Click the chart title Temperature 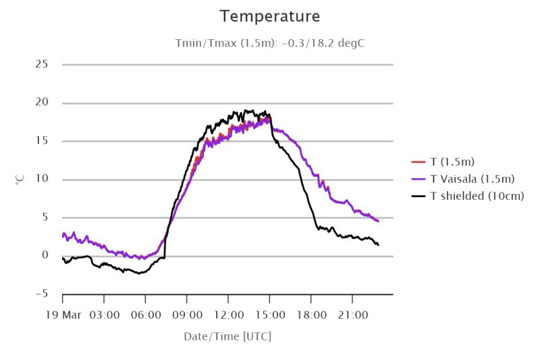click(270, 16)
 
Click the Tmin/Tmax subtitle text click(270, 43)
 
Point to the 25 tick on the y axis click(42, 64)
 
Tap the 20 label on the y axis click(42, 103)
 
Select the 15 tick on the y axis click(42, 141)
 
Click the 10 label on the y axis click(42, 180)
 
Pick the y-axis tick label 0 click(45, 256)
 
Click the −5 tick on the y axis click(42, 294)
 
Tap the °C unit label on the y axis click(20, 180)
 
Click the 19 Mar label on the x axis click(63, 315)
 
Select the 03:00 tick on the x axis click(104, 315)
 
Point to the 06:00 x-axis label click(146, 315)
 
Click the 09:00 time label click(187, 315)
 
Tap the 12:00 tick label click(228, 315)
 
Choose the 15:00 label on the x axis click(269, 315)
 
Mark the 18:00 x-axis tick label click(311, 315)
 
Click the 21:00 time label click(352, 315)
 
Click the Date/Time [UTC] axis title click(227, 336)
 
